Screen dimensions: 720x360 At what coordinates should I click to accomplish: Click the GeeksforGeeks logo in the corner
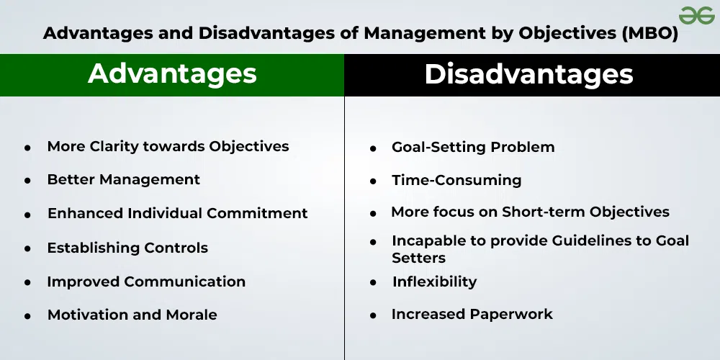tap(696, 16)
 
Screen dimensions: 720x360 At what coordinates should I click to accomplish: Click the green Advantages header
tap(172, 75)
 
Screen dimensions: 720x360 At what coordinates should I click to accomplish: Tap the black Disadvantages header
tap(532, 75)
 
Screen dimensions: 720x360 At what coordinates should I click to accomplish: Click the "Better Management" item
tap(124, 179)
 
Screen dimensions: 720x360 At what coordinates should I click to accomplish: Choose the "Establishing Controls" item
tap(127, 248)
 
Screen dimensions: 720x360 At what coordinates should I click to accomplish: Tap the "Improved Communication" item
tap(146, 282)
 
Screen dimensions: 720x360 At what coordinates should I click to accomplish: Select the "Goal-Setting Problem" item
tap(473, 148)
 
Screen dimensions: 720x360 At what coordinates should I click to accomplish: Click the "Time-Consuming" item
tap(456, 180)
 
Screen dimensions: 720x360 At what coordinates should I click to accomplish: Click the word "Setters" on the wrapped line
tap(419, 258)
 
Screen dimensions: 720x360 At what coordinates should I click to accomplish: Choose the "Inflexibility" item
tap(434, 282)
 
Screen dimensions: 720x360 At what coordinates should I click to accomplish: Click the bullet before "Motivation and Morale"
tap(28, 316)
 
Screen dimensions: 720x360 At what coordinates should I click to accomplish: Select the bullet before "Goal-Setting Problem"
tap(373, 148)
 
